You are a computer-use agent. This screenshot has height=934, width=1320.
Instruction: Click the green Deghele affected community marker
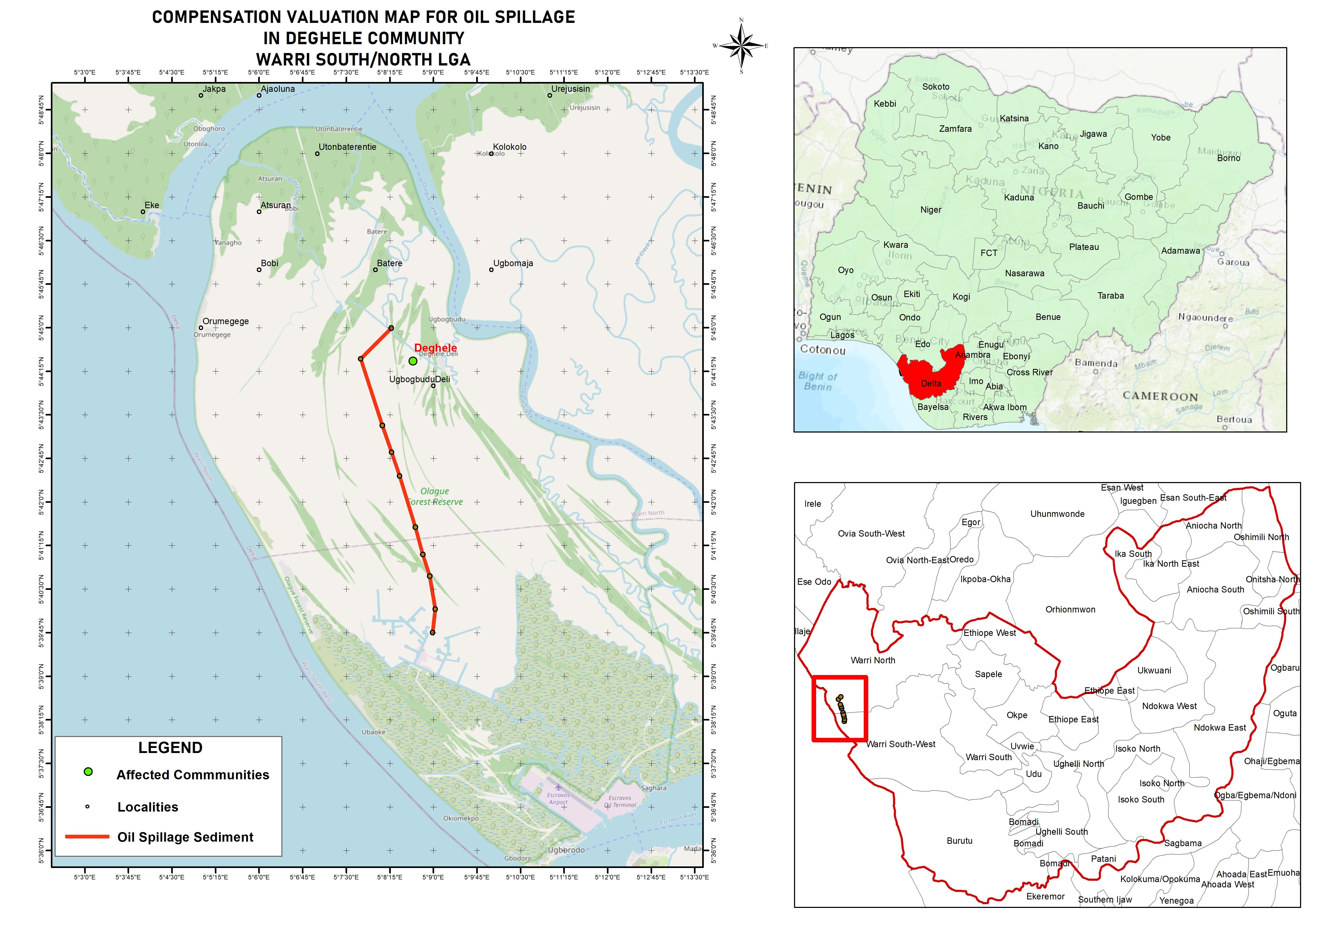tap(413, 361)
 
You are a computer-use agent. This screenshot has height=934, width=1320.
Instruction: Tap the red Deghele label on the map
tap(435, 348)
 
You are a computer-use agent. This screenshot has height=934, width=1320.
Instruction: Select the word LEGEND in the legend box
tap(170, 748)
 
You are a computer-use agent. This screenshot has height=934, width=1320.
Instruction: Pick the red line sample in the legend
tap(87, 837)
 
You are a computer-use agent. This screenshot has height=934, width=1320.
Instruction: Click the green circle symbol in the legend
tap(88, 772)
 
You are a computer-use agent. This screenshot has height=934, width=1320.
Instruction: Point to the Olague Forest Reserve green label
tap(435, 496)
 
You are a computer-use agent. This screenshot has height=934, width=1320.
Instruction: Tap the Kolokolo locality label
tap(509, 147)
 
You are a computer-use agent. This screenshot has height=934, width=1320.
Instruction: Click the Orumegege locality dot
tap(201, 328)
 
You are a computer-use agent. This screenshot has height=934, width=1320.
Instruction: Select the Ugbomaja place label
tap(513, 264)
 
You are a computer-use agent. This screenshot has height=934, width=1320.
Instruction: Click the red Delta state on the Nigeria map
tap(926, 374)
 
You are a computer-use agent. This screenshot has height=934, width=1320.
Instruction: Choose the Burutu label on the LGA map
tap(959, 841)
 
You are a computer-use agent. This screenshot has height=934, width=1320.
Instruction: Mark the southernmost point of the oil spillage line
tap(433, 633)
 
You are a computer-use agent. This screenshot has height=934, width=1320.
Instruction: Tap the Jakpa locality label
tap(214, 89)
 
